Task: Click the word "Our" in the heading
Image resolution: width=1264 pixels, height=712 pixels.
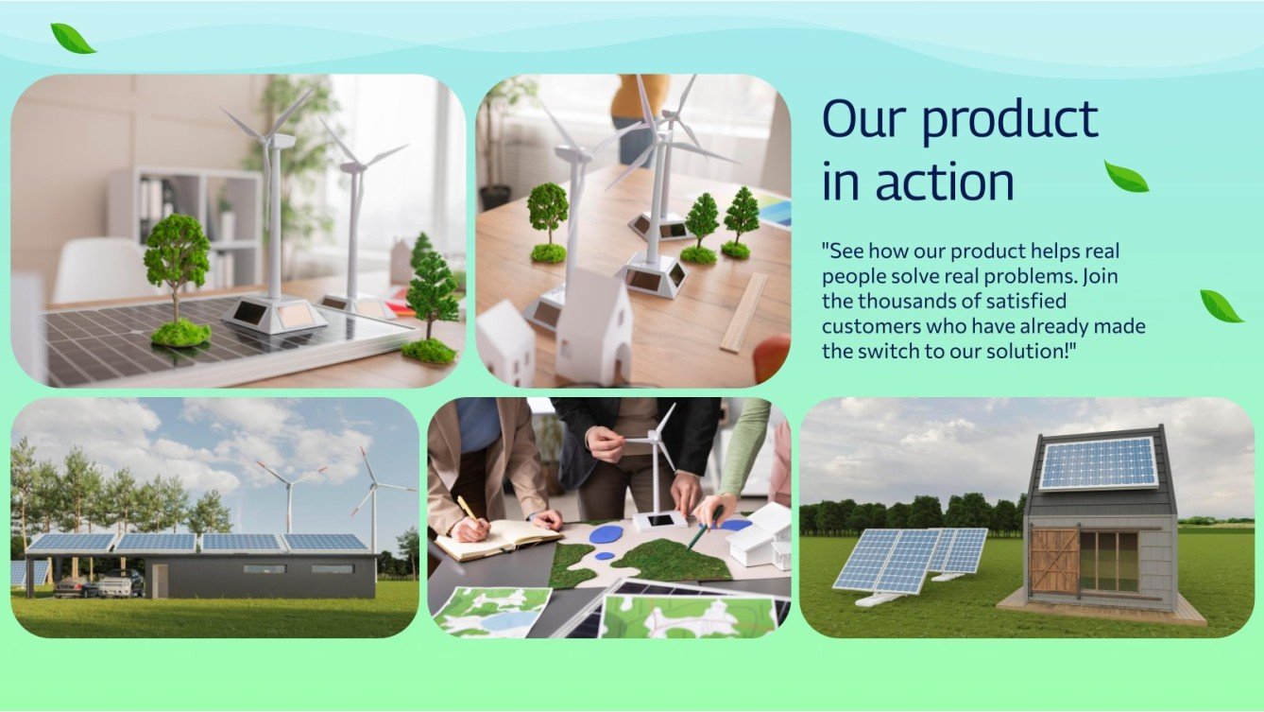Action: [x=863, y=121]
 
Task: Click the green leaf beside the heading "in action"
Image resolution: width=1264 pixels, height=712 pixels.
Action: [x=1126, y=177]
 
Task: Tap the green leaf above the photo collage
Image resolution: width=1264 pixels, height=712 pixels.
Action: [x=73, y=39]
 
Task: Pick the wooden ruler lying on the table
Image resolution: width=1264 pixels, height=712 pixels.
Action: [x=744, y=312]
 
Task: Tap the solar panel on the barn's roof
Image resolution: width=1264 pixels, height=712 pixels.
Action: [x=1099, y=463]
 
